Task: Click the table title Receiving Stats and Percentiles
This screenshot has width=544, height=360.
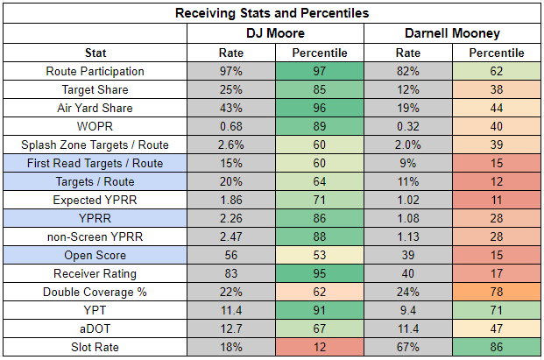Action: (x=272, y=13)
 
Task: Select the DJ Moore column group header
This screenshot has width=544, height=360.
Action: (x=275, y=33)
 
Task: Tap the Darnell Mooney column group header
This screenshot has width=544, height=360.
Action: (x=452, y=33)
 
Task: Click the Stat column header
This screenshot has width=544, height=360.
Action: (x=95, y=53)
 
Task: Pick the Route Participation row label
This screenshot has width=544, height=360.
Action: (x=95, y=71)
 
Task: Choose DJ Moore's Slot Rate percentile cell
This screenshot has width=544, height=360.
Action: (x=320, y=347)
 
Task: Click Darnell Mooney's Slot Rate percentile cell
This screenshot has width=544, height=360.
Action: (x=497, y=347)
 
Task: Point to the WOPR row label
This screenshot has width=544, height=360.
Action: (x=95, y=126)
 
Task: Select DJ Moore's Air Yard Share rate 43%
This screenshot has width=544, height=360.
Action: (x=231, y=108)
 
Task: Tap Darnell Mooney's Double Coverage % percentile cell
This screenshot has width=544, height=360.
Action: (x=497, y=292)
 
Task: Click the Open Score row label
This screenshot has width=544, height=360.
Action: (x=95, y=255)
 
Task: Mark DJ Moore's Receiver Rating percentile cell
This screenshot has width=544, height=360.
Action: (x=320, y=273)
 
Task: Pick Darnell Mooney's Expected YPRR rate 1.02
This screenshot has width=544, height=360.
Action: (x=408, y=200)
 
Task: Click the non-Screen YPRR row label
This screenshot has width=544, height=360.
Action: (x=95, y=236)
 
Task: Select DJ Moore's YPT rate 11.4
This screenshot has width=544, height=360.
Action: (x=231, y=310)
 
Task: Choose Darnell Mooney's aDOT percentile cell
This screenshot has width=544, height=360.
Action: (x=497, y=328)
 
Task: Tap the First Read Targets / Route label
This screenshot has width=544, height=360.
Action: (x=95, y=163)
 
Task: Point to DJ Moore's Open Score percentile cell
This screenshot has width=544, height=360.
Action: (x=320, y=255)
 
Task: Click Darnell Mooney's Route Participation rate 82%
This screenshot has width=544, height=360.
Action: (x=408, y=71)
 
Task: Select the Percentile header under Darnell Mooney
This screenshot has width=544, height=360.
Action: (x=497, y=53)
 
